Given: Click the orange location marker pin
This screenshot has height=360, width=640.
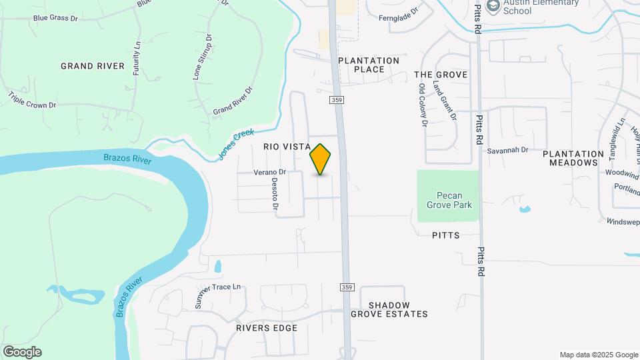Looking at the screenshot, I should point(321,159).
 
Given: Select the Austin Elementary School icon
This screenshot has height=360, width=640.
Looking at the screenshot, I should point(493,7).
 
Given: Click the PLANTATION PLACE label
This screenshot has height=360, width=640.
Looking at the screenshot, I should point(369,65).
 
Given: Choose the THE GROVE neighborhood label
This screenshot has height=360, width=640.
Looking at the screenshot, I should point(441,75).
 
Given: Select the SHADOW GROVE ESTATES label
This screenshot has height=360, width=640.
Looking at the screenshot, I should point(389,309).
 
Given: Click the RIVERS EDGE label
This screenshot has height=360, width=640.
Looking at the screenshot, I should point(267,328).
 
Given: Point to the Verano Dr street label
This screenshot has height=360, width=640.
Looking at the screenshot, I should point(270,172).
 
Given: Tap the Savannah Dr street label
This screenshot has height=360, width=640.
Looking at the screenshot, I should point(507,150).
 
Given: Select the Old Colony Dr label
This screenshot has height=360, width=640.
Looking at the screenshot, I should point(423,105).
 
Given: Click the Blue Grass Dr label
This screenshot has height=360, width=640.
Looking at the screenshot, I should point(55,18).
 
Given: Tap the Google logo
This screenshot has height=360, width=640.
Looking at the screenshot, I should point(22,352).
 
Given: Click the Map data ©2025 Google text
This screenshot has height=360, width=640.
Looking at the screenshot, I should point(598,355).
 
